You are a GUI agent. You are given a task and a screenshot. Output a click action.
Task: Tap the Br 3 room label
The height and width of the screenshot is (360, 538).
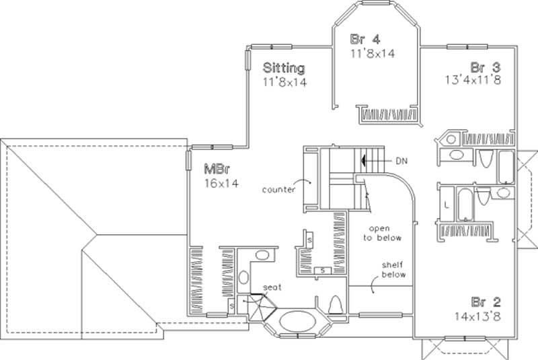485,67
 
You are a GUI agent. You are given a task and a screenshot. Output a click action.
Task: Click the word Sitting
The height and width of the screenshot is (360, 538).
284,68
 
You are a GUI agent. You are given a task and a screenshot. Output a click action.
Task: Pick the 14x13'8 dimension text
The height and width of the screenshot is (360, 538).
475,314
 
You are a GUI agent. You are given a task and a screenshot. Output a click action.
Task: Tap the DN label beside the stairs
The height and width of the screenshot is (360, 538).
401,161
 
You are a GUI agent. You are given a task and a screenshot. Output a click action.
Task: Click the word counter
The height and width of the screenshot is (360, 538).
279,190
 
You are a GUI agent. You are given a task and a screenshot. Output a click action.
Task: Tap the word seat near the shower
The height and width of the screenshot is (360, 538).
271,287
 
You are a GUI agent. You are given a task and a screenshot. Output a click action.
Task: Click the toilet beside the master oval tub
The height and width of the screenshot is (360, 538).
336,305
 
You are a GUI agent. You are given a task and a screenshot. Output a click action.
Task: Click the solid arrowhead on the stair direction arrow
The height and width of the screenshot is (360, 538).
364,161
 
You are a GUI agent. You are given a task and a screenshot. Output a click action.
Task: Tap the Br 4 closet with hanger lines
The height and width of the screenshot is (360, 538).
391,115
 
